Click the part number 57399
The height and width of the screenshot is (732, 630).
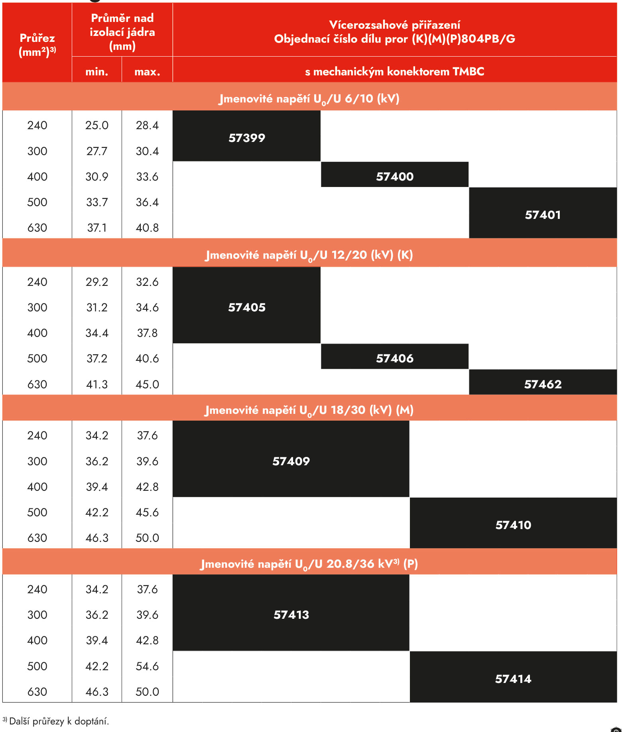(x=247, y=138)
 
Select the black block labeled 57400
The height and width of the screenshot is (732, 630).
(x=395, y=176)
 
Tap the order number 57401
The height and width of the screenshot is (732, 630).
(x=543, y=215)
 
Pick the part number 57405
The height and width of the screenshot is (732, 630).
(x=247, y=307)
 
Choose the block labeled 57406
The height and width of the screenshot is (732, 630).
(x=395, y=358)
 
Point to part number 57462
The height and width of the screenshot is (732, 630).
(x=543, y=384)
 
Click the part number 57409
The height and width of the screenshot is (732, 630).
(x=291, y=461)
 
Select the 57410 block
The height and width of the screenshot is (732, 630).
(x=513, y=525)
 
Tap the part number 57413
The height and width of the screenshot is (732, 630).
(x=291, y=615)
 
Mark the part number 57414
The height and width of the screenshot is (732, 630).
(x=513, y=679)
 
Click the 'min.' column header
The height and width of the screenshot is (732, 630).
(x=97, y=72)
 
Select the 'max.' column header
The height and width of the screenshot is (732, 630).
(x=147, y=72)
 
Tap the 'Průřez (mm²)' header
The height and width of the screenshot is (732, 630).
(x=37, y=45)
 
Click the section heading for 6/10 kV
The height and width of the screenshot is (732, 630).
(x=309, y=98)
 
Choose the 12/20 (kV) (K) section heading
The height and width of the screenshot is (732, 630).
(x=309, y=255)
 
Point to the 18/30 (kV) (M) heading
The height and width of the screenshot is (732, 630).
(x=309, y=410)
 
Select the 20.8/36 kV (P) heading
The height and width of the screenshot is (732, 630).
(x=309, y=564)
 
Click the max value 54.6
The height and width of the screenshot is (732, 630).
(x=147, y=666)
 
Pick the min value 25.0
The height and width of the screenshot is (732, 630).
(x=97, y=125)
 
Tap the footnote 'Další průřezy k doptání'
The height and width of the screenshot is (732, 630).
(x=58, y=721)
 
